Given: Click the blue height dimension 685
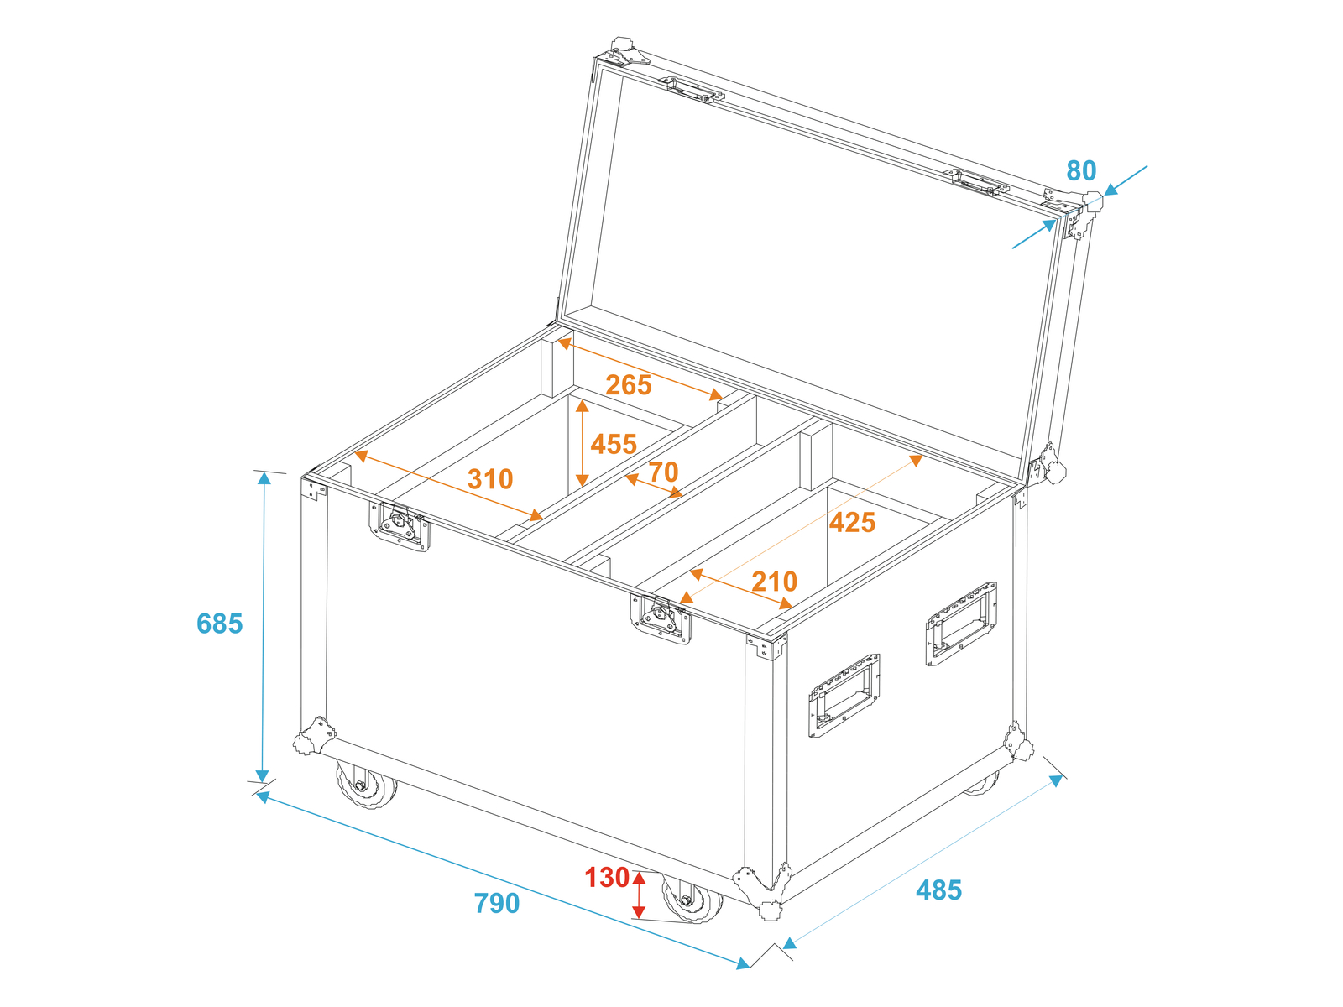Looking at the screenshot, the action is [219, 624].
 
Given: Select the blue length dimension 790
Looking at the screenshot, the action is [496, 904].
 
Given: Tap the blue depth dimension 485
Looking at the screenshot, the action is [938, 890].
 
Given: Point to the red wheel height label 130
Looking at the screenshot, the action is [607, 878].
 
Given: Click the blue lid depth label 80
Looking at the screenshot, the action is [1081, 170].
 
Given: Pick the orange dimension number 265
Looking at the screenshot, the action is [629, 385].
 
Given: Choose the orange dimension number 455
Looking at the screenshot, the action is [613, 445].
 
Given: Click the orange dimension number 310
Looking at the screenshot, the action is [490, 479].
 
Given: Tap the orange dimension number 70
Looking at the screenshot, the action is [663, 472].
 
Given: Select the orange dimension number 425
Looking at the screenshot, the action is [852, 523].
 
